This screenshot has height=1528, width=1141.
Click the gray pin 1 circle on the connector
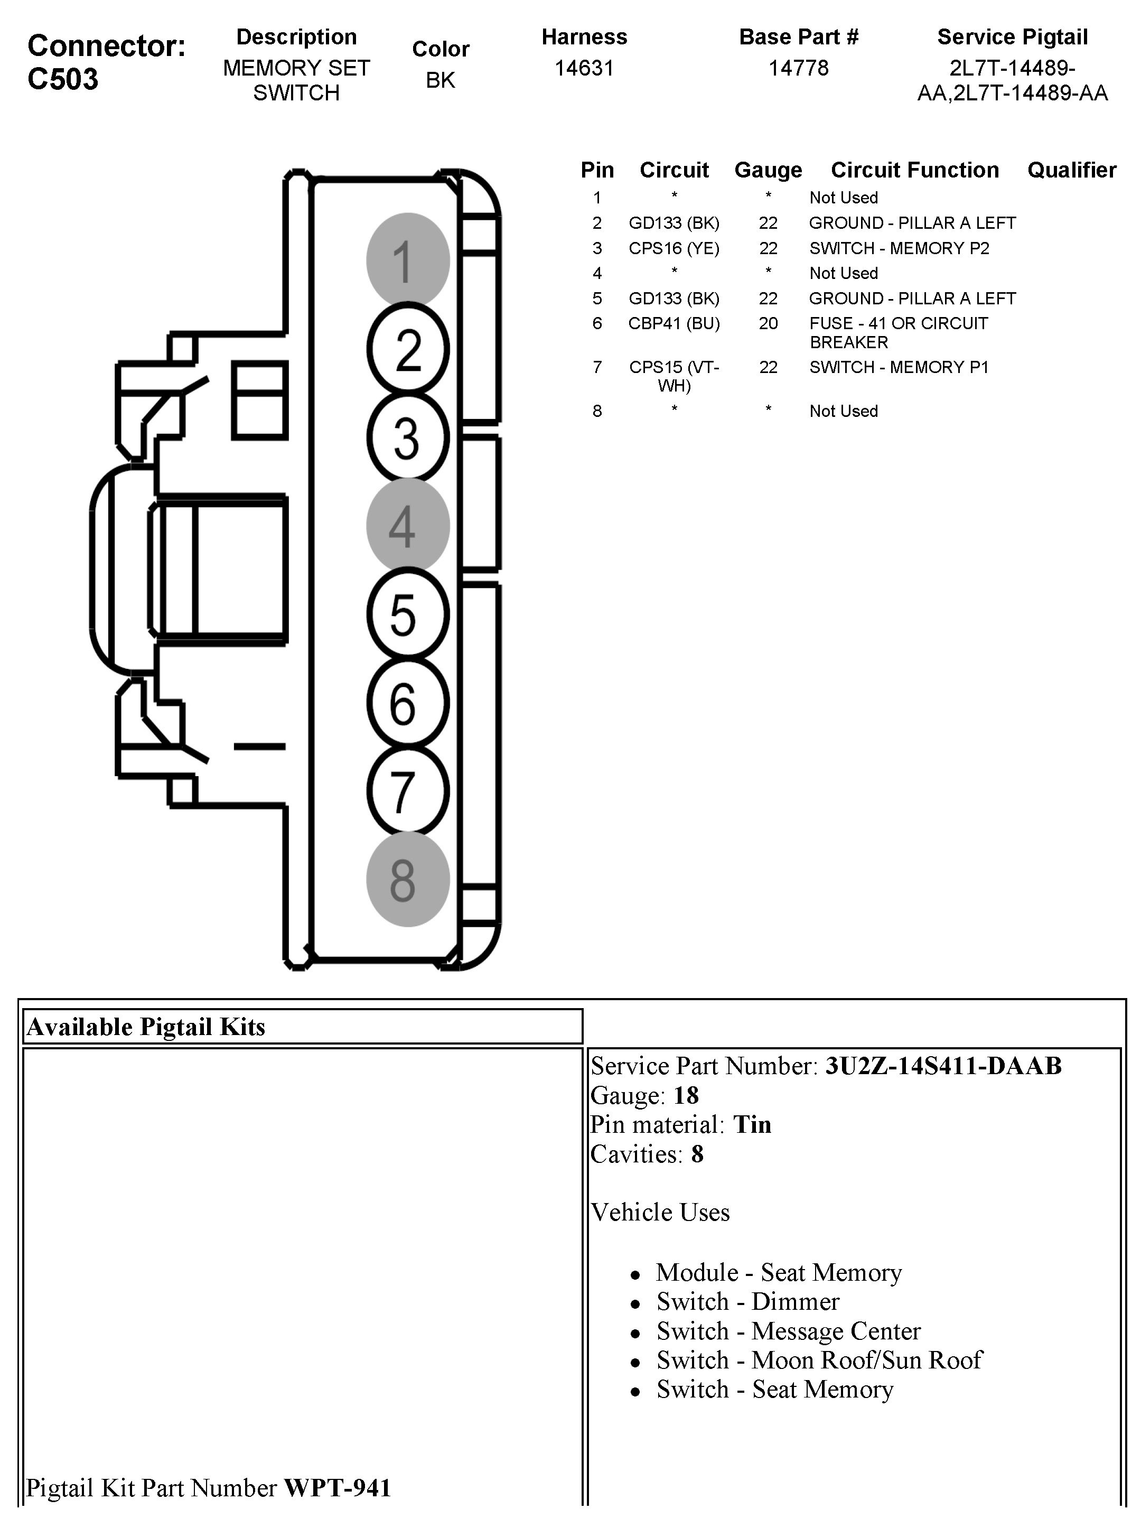(407, 260)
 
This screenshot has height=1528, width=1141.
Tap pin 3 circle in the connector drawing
(407, 437)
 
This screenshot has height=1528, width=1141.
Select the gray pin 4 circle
(407, 526)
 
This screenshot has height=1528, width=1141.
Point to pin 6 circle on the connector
(407, 703)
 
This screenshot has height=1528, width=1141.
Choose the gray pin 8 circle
(407, 879)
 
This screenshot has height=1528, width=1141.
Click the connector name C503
(63, 79)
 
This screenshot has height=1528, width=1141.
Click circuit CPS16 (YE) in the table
(674, 248)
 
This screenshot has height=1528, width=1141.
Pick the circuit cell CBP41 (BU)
(674, 323)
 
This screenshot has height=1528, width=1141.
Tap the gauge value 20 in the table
(768, 323)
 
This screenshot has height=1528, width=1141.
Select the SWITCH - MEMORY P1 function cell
(899, 367)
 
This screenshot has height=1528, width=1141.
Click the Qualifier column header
(1071, 170)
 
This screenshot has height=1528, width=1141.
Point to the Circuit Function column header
(914, 170)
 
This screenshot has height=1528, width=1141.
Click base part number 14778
(798, 68)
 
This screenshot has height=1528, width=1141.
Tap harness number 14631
(584, 68)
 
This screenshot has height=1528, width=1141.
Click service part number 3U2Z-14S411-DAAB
(943, 1066)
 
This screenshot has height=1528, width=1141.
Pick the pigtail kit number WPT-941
(338, 1487)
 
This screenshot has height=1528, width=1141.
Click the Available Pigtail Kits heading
(146, 1027)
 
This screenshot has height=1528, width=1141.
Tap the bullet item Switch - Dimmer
(747, 1301)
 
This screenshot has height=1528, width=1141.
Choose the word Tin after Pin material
(752, 1124)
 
